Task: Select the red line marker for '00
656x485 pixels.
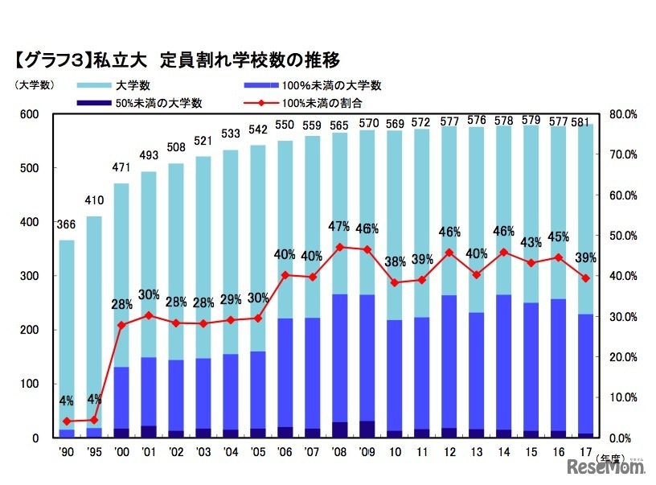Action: coord(121,325)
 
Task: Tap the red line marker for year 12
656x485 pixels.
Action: coord(449,252)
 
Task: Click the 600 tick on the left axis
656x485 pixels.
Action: coord(29,114)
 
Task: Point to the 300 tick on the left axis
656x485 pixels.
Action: coord(29,276)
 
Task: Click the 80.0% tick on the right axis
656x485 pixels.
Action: coord(623,114)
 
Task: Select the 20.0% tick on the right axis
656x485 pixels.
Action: coord(623,357)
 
